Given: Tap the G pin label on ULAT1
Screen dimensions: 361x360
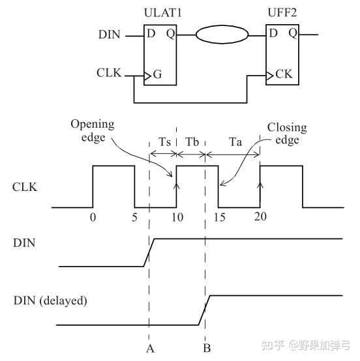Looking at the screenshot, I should pos(157,76).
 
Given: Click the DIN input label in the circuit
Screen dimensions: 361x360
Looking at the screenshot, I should pos(109,35).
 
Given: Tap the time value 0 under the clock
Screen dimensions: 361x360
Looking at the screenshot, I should pos(93,218).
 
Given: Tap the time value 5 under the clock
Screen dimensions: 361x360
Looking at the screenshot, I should pos(135,218).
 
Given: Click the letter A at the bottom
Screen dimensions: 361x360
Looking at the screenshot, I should pos(149,348).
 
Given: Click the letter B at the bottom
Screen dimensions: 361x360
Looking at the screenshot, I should pos(206,348).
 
